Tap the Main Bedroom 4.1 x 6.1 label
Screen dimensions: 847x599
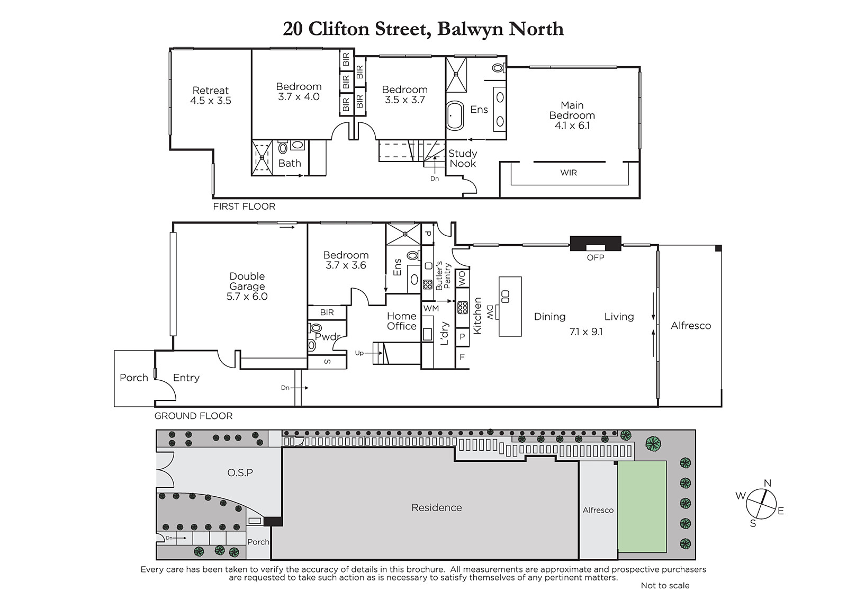tap(572, 115)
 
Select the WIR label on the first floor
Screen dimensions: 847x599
tap(569, 173)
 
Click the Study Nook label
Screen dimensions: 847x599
tap(463, 158)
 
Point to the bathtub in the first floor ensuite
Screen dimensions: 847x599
tap(455, 115)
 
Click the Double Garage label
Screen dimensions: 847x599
tap(247, 287)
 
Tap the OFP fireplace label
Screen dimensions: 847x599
tap(595, 258)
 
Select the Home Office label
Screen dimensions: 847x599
tap(402, 321)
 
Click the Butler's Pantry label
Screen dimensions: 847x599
tap(443, 276)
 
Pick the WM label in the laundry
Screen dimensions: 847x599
tap(431, 308)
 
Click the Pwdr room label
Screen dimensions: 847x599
tap(328, 336)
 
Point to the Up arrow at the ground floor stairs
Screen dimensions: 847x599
tap(374, 353)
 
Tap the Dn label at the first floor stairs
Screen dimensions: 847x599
tap(435, 178)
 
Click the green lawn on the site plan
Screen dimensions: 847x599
tap(642, 506)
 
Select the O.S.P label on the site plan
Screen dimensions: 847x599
tap(240, 472)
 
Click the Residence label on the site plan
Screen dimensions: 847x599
tap(437, 507)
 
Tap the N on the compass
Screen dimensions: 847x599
tap(768, 483)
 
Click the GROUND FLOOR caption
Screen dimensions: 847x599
tap(193, 416)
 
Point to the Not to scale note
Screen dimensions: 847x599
tap(665, 586)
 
